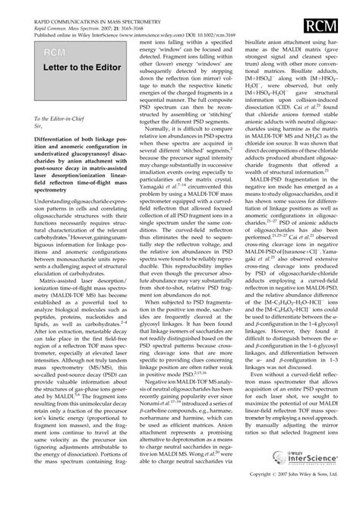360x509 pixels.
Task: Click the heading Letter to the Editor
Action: (65, 73)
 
